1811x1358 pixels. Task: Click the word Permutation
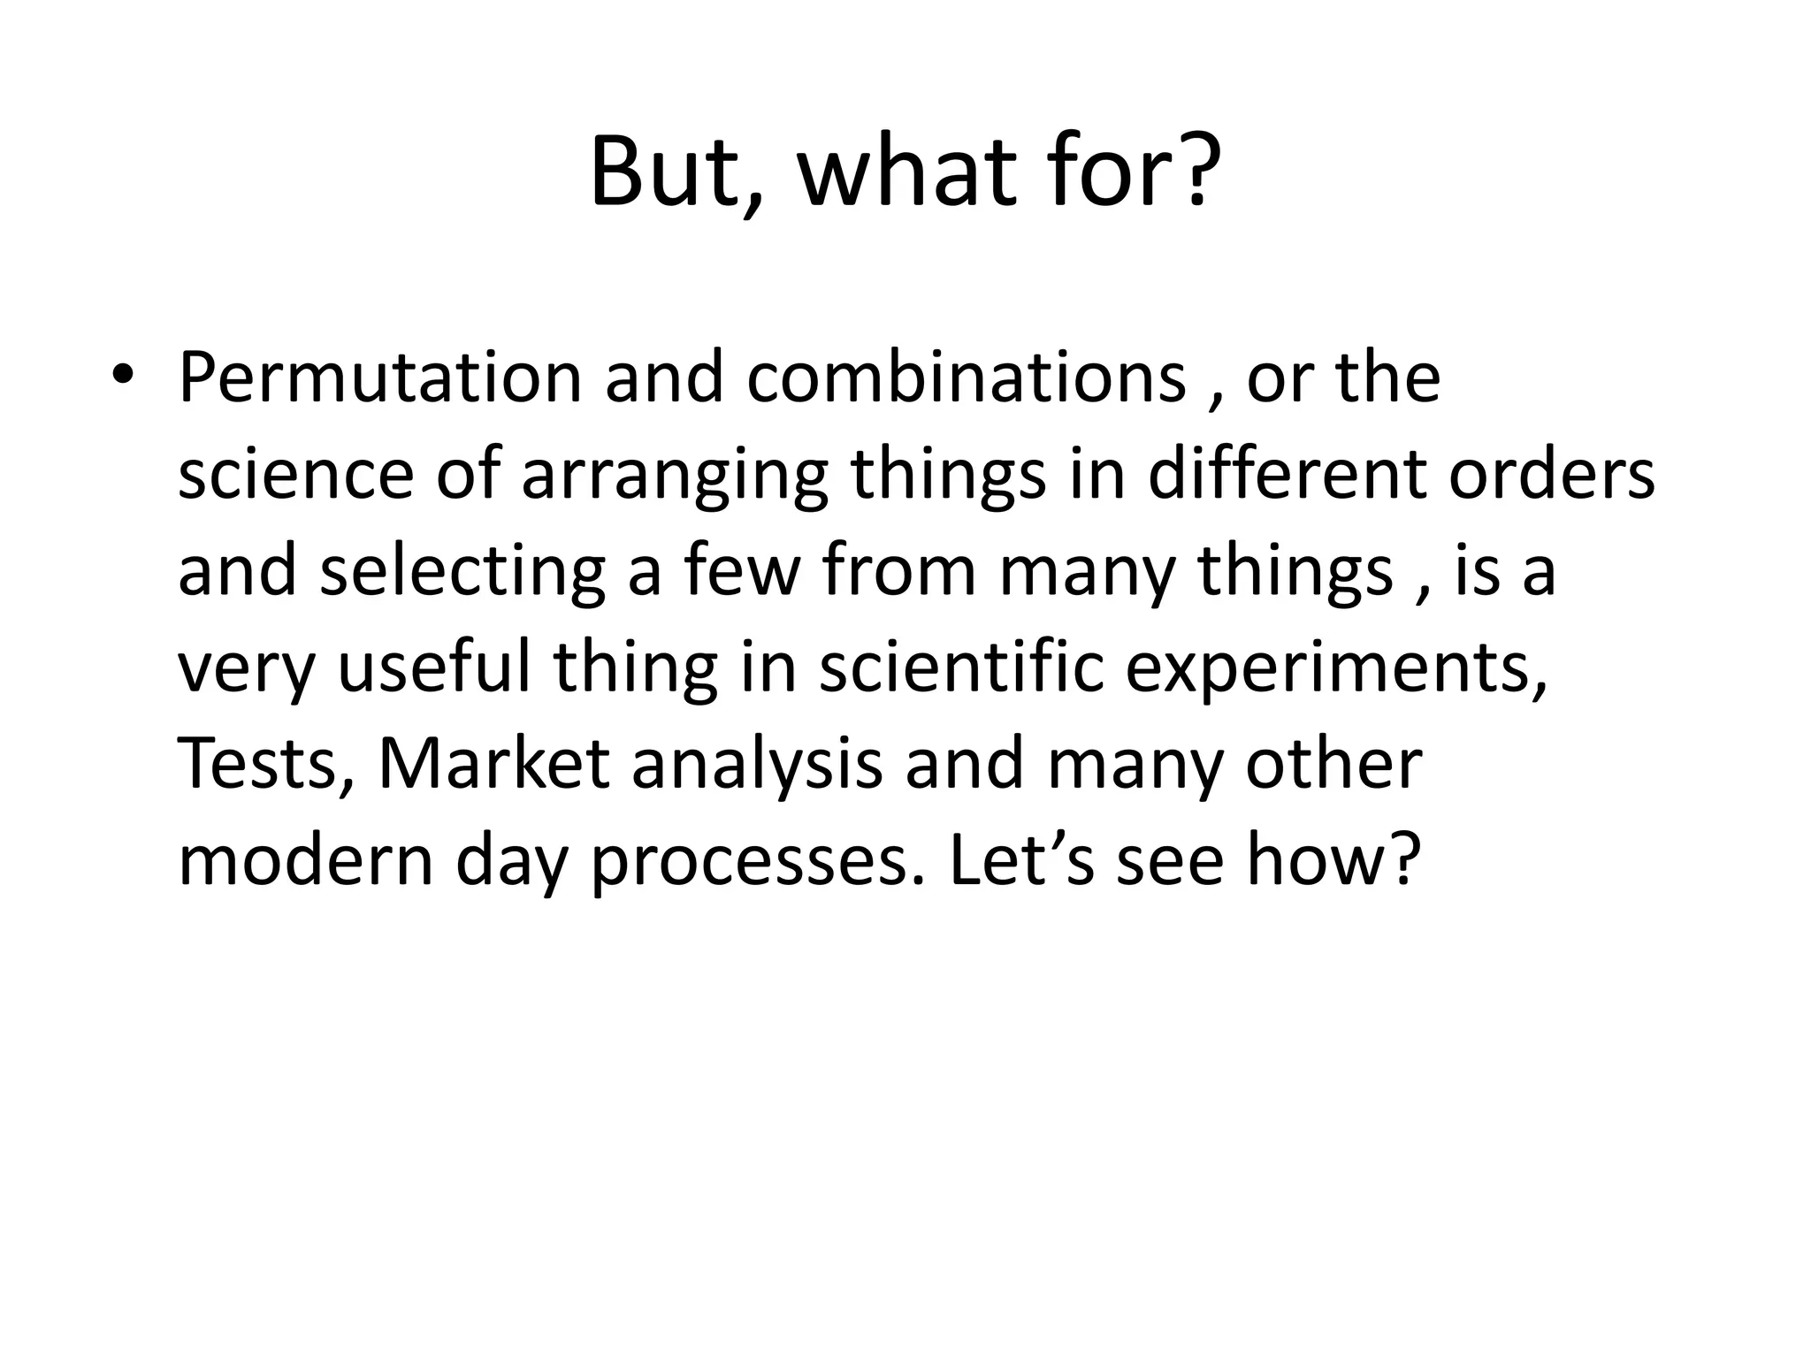click(380, 378)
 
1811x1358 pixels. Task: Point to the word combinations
click(966, 378)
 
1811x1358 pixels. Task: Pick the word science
click(295, 476)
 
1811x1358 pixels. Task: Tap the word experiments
click(1336, 669)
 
